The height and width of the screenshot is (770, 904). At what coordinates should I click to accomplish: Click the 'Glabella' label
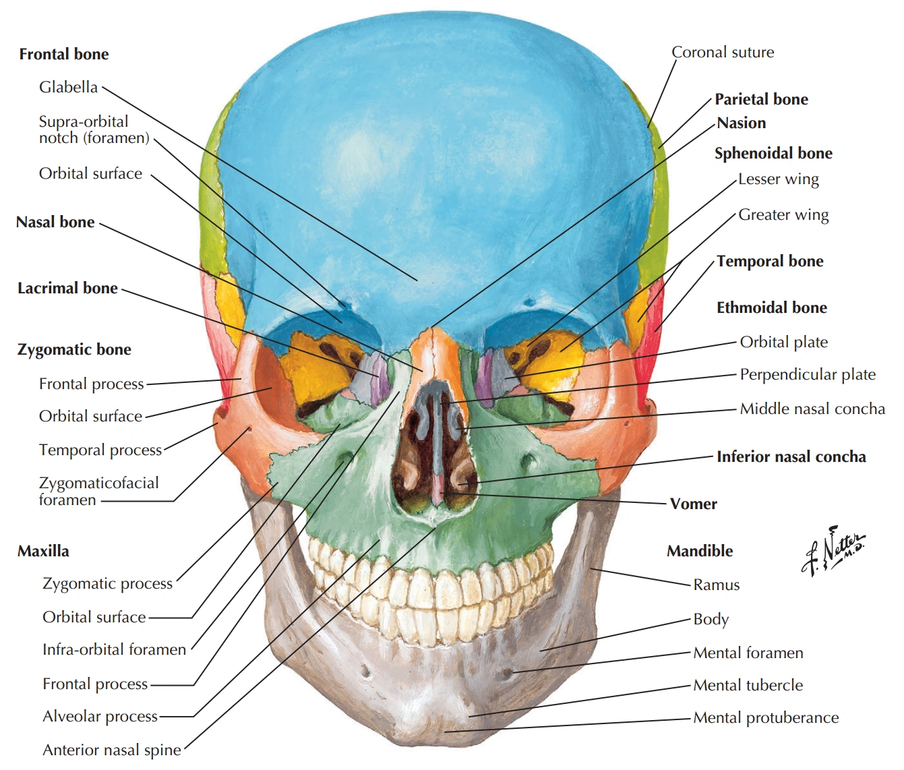pyautogui.click(x=68, y=87)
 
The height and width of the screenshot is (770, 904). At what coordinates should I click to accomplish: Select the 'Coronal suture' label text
pyautogui.click(x=723, y=53)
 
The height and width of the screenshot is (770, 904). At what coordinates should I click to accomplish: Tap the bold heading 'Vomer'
pyautogui.click(x=693, y=504)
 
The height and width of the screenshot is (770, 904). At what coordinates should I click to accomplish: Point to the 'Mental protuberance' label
pyautogui.click(x=766, y=717)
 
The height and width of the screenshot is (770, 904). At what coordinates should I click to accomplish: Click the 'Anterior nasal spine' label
pyautogui.click(x=112, y=750)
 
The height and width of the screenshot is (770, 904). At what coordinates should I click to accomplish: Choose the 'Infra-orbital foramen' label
pyautogui.click(x=114, y=649)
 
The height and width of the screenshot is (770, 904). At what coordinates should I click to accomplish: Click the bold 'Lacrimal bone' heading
pyautogui.click(x=67, y=289)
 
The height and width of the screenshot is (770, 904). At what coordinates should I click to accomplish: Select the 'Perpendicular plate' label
pyautogui.click(x=808, y=374)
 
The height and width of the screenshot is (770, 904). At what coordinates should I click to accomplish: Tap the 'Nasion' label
pyautogui.click(x=742, y=123)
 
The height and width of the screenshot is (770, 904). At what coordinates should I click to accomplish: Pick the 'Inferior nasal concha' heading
pyautogui.click(x=791, y=456)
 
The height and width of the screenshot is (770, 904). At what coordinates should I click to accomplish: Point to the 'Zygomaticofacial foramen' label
pyautogui.click(x=98, y=491)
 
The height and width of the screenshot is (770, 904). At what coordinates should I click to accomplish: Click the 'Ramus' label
pyautogui.click(x=716, y=585)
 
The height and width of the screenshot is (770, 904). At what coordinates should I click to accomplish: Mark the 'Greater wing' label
pyautogui.click(x=783, y=215)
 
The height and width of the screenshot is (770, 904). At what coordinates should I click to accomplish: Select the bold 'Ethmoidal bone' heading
pyautogui.click(x=771, y=308)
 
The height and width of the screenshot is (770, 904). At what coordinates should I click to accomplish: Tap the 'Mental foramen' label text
pyautogui.click(x=748, y=653)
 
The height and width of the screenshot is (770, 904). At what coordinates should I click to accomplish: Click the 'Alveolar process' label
pyautogui.click(x=100, y=716)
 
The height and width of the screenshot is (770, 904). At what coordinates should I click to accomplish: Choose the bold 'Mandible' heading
pyautogui.click(x=700, y=551)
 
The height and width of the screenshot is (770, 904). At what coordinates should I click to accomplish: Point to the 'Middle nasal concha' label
pyautogui.click(x=812, y=409)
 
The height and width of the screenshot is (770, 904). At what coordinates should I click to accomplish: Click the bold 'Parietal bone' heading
pyautogui.click(x=761, y=99)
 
